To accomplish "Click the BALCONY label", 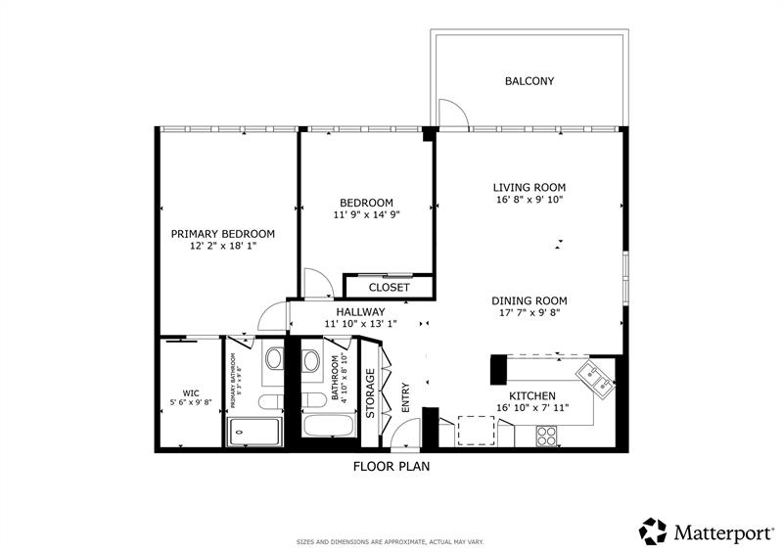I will coord(529,81).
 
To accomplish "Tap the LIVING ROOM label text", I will coord(529,187).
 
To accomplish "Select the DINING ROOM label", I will coord(529,300).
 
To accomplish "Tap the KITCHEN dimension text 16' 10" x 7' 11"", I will coord(532,407).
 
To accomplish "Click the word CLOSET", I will coord(390,288).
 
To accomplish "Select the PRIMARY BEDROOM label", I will coord(222,234).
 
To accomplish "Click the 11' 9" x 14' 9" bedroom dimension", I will coord(367,213).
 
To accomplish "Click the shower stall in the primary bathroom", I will coord(254,431).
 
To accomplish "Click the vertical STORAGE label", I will coord(370,393).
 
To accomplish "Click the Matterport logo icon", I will coord(653,531).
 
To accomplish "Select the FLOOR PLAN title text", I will coord(391,467).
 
